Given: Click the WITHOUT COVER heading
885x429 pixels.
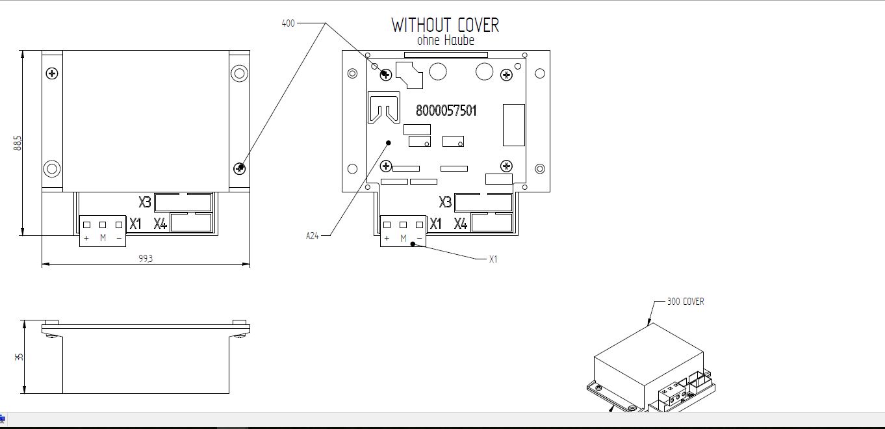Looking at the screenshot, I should click(445, 25).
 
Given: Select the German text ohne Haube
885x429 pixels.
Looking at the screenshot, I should click(445, 40).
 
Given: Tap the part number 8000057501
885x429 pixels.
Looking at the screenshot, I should click(446, 110).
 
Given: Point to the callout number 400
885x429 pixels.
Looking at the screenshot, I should click(288, 23).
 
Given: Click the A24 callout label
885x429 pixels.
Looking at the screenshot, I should click(313, 236).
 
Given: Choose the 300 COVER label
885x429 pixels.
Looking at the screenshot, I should click(686, 302).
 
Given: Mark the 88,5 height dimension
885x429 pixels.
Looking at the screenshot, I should click(18, 143).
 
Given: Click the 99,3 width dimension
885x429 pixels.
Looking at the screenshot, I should click(146, 259).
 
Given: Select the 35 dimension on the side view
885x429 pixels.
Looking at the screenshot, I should click(19, 357).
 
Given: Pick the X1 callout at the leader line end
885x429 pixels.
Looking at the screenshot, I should click(493, 259).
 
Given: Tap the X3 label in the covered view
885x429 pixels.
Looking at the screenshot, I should click(145, 202).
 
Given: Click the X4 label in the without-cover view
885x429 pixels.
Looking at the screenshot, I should click(461, 224).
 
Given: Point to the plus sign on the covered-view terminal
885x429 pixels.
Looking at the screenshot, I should click(86, 239).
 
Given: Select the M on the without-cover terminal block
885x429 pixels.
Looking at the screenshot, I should click(404, 239).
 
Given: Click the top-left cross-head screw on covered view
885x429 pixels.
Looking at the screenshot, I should click(52, 73).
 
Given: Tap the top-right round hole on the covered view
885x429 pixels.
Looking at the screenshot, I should click(239, 73).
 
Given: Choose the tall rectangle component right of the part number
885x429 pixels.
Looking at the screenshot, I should click(514, 125).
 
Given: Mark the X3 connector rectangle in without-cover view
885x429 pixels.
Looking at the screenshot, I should click(483, 202).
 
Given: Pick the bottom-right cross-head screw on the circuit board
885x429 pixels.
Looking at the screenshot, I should click(506, 166).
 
